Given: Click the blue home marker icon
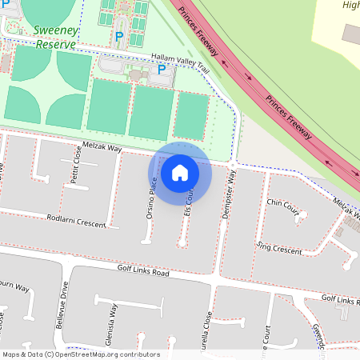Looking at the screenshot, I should tap(180, 174).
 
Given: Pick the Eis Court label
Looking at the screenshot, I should tap(189, 200).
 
